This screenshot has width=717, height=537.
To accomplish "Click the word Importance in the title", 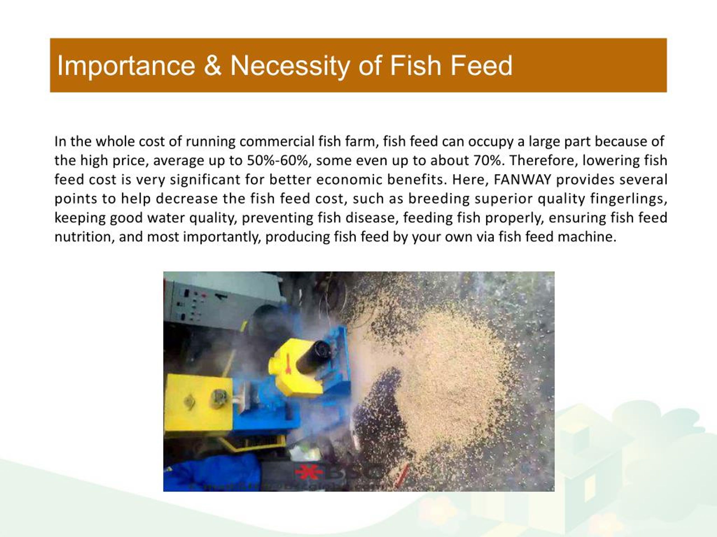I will click(126, 66).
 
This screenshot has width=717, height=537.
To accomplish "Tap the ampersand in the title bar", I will click(212, 66).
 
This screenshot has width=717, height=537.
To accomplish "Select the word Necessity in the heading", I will click(289, 66).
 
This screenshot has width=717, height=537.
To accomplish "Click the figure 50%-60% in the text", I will click(277, 161).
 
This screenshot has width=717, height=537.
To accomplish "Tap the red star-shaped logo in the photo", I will click(309, 473).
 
